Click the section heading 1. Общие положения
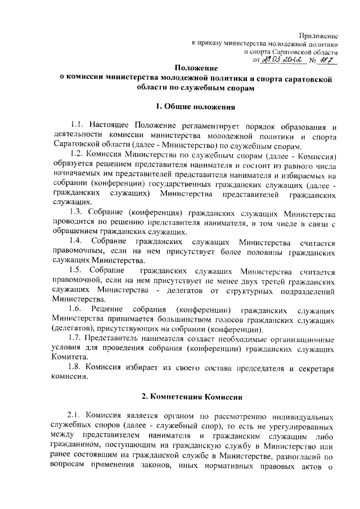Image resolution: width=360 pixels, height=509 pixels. [180, 106]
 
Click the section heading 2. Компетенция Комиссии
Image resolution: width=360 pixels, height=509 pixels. [180, 398]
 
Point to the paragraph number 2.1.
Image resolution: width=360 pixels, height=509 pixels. [76, 417]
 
